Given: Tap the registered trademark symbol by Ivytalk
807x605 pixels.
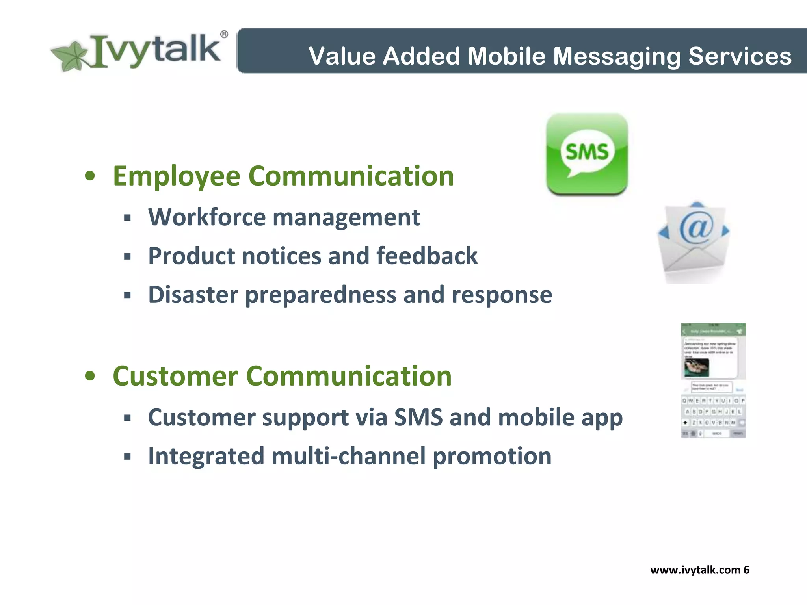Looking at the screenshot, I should tap(224, 35).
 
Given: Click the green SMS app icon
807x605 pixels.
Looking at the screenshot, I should tap(587, 154).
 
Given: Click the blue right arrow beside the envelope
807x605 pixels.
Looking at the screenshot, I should tap(725, 231).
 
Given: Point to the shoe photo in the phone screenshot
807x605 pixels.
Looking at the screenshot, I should tap(697, 367).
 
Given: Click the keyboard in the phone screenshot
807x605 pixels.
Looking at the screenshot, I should tap(713, 417).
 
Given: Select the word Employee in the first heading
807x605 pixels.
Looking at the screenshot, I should tap(176, 176).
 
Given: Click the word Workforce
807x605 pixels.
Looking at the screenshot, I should tap(207, 217).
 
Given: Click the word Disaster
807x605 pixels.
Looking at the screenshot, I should tap(193, 295).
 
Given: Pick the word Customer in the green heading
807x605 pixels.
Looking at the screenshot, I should tap(175, 376).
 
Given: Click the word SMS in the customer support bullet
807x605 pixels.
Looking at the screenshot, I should tap(418, 417).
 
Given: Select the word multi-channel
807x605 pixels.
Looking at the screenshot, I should tap(348, 456).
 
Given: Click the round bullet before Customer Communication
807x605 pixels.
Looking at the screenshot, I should tap(90, 376).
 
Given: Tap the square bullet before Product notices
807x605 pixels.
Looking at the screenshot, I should tap(127, 257).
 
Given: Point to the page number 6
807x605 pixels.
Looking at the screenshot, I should tap(746, 570).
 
